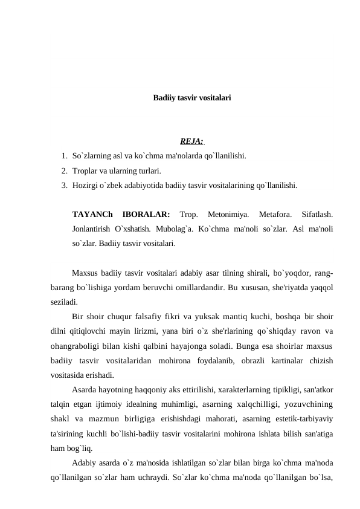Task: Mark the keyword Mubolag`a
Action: click(167, 229)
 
